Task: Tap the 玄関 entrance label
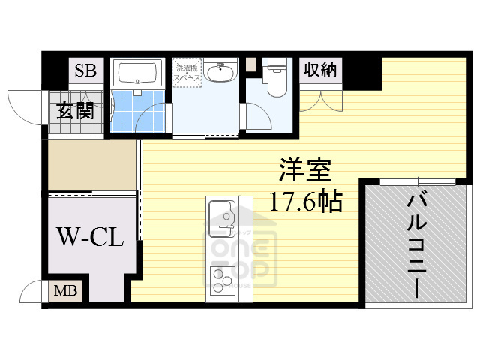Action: coord(75,112)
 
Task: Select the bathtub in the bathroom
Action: coord(139,74)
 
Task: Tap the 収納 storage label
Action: coord(320,71)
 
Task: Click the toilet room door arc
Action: coord(259,112)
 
